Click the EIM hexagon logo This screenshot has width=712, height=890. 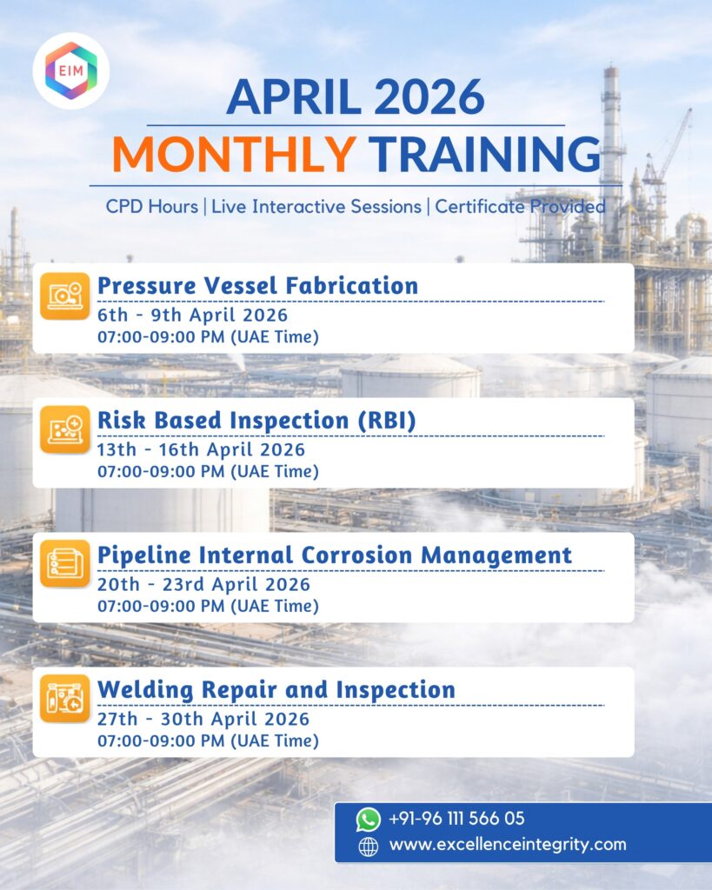coord(71,70)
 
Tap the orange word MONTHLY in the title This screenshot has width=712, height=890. coord(234,154)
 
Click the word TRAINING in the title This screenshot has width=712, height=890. coord(484,154)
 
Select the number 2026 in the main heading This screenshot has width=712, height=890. coord(429,97)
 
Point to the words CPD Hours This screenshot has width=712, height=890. coord(151,206)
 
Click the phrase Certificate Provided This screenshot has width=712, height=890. coord(520,206)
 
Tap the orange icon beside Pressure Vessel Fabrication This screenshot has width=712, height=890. coord(64,296)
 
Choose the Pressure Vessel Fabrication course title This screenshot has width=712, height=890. coord(258,285)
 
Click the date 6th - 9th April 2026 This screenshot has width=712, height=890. coord(192,315)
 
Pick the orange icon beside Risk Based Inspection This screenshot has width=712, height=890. coord(64,429)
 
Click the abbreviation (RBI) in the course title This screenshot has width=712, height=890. coord(387,421)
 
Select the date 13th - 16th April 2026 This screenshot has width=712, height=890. coord(201,449)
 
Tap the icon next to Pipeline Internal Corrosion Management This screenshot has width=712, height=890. coord(64,563)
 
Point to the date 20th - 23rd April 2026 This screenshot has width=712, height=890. coord(203,584)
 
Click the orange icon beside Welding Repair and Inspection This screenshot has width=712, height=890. coord(64,698)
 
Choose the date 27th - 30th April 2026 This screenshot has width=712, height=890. coord(203,719)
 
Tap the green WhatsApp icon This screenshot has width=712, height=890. coord(368,820)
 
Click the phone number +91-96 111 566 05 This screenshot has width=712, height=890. coord(456,819)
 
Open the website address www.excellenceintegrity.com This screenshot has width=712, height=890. coord(508,845)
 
